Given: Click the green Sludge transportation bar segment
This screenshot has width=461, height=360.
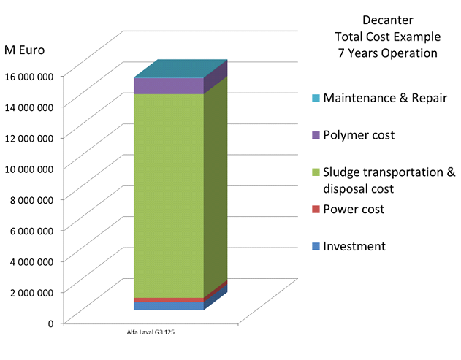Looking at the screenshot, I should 169,194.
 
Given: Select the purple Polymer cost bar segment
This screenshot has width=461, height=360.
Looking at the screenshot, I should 169,85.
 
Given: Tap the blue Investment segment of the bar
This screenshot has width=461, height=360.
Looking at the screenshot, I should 169,306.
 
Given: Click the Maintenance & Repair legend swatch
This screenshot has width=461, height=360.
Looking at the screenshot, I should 316,98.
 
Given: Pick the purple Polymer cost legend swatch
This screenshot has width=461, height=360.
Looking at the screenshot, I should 316,135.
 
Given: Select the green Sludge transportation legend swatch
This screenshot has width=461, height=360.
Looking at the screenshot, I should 316,172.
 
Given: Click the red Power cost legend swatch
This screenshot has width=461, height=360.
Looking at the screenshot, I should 316,210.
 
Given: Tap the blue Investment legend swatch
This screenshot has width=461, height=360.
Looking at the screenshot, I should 316,247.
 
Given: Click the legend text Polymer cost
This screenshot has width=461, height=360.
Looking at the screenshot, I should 359,135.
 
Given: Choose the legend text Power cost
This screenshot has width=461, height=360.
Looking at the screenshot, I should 354,210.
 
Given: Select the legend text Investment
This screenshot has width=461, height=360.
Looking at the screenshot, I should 354,247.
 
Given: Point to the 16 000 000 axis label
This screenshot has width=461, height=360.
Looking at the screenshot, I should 29,75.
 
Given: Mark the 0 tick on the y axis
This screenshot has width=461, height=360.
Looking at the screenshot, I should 50,323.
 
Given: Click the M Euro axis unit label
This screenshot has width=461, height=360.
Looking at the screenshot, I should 24,50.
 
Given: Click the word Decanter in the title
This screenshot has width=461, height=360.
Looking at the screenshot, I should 387,20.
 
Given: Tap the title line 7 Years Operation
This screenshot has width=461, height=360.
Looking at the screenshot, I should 387,53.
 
